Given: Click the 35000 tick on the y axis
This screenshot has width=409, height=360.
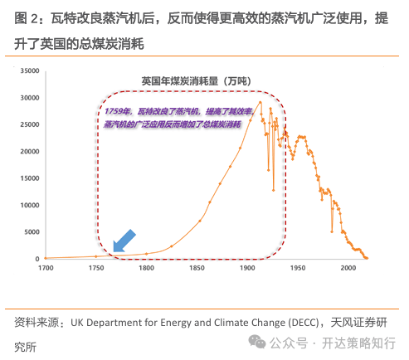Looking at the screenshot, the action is pos(30,71).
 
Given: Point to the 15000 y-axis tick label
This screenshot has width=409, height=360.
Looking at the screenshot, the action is pos(30,178).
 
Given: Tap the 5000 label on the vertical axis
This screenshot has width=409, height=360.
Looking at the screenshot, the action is pos(32,232).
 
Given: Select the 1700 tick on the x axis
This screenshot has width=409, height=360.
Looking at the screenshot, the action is pos(46,268).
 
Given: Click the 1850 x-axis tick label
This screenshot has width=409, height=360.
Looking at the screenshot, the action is pos(197,268).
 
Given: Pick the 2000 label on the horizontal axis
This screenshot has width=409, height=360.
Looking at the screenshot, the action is pos(348,268).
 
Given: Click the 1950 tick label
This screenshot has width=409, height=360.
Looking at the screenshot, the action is pos(298,268).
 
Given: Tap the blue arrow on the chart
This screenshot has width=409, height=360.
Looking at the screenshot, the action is pos(124,241).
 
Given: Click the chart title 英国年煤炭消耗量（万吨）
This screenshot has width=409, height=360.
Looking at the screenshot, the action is pos(196,81).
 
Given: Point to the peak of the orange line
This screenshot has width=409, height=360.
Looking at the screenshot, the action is pos(260,102).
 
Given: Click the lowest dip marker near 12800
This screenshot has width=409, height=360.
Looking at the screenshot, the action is pos(273,190).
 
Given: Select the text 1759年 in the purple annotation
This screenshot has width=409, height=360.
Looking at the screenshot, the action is pos(117,111).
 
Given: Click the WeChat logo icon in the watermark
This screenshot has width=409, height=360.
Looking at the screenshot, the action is pos(257,342).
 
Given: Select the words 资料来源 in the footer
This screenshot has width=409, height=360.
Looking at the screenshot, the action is pos(37,323).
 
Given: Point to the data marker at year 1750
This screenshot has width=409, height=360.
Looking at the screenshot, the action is pos(96,256).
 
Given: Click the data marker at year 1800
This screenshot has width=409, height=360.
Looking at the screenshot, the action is pos(146,254).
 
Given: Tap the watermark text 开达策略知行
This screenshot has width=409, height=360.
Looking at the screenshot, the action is pos(358,343).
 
